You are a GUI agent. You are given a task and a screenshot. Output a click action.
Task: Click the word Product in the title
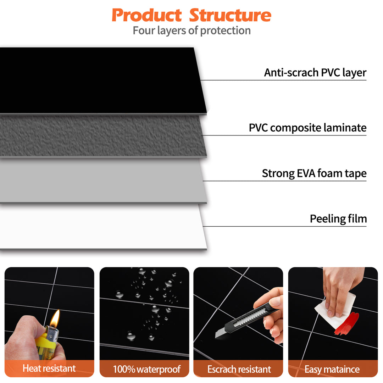coord(146,15)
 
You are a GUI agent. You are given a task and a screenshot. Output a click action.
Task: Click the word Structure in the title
coord(230,15)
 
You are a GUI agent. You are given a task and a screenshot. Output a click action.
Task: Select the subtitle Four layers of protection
coord(191,30)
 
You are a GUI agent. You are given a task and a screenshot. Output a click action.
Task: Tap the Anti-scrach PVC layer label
coord(315,73)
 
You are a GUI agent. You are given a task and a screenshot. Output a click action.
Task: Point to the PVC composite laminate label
coord(307,128)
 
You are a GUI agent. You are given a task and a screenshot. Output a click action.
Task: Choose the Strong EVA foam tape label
coord(314,173)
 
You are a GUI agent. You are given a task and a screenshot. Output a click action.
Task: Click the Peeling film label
coord(338,219)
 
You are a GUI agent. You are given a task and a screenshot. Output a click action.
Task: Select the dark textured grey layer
coord(99,135)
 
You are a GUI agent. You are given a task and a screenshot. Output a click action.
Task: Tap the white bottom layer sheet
coord(99,227)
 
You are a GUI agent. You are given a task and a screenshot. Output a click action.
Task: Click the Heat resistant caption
coord(49,368)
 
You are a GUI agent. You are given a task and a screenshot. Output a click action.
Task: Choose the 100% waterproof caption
coord(146,369)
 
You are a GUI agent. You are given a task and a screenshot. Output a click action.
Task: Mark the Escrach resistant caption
coord(239,369)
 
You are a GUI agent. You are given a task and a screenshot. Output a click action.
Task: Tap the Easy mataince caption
coord(332,369)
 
